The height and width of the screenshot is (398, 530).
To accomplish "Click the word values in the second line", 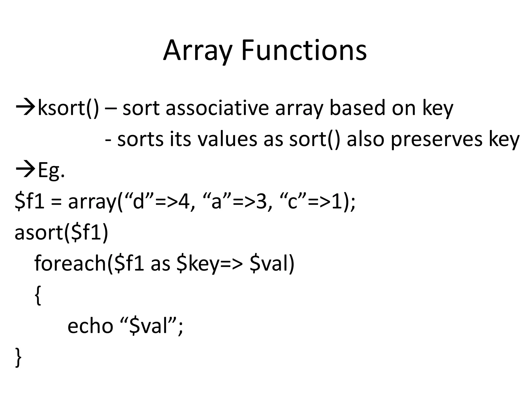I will coord(227,139).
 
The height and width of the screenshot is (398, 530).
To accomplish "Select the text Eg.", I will coord(51,171).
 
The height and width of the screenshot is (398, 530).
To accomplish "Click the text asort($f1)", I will coord(61,232).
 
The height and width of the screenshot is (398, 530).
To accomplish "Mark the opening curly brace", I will coord(38,295).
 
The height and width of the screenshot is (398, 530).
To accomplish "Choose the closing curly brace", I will coord(18,357).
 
